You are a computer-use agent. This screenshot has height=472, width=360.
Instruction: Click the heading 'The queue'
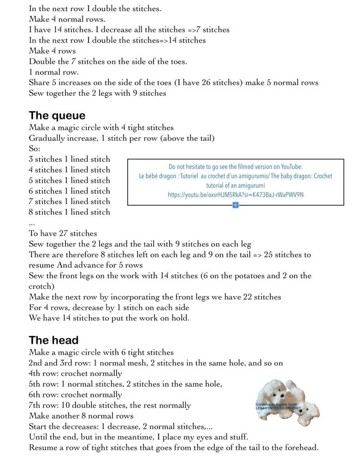tap(57, 115)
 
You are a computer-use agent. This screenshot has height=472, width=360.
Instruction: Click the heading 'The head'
tap(53, 341)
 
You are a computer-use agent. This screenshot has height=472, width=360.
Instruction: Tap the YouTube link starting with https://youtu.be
tap(236, 195)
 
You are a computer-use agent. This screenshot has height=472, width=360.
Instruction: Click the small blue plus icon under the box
tap(236, 204)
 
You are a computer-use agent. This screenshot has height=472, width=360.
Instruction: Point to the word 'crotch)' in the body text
tap(43, 287)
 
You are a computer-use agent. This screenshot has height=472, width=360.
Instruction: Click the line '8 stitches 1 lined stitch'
tap(70, 212)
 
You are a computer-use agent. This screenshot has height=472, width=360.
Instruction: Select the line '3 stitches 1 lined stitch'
tap(70, 159)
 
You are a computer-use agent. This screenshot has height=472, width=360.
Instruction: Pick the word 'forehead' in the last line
tap(301, 448)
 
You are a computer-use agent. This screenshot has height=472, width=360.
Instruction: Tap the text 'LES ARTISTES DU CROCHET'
tap(278, 408)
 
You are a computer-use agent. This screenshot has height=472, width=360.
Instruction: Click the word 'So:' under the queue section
tap(35, 149)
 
